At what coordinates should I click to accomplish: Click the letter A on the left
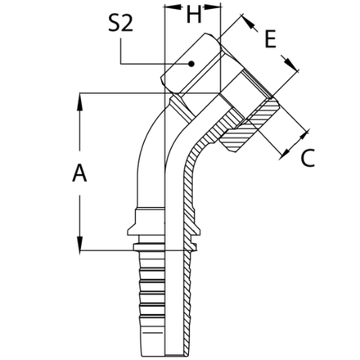click(x=79, y=173)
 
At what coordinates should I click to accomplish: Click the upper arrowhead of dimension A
click(x=79, y=98)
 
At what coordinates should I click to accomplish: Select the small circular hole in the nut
click(x=191, y=63)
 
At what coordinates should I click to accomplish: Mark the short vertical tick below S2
click(x=122, y=55)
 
